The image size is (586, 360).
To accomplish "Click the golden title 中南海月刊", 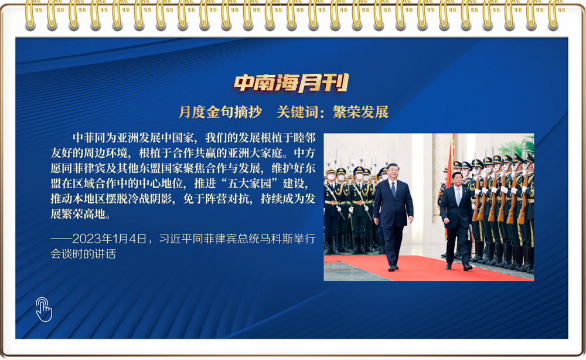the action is click(x=291, y=83).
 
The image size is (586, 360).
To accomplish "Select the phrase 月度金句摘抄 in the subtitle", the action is click(x=220, y=112).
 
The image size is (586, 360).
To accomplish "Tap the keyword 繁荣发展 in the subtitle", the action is click(x=360, y=112).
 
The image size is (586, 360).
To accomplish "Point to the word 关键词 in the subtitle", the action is click(x=298, y=112).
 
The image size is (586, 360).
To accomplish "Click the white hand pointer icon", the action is click(x=44, y=309).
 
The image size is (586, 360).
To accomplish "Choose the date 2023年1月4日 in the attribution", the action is click(x=109, y=239).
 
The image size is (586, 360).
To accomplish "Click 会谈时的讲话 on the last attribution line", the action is click(x=83, y=254).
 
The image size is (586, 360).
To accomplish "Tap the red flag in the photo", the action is click(x=450, y=168).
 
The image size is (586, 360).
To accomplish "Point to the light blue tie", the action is click(x=458, y=196).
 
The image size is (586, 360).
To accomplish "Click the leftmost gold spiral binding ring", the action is click(x=30, y=15).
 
